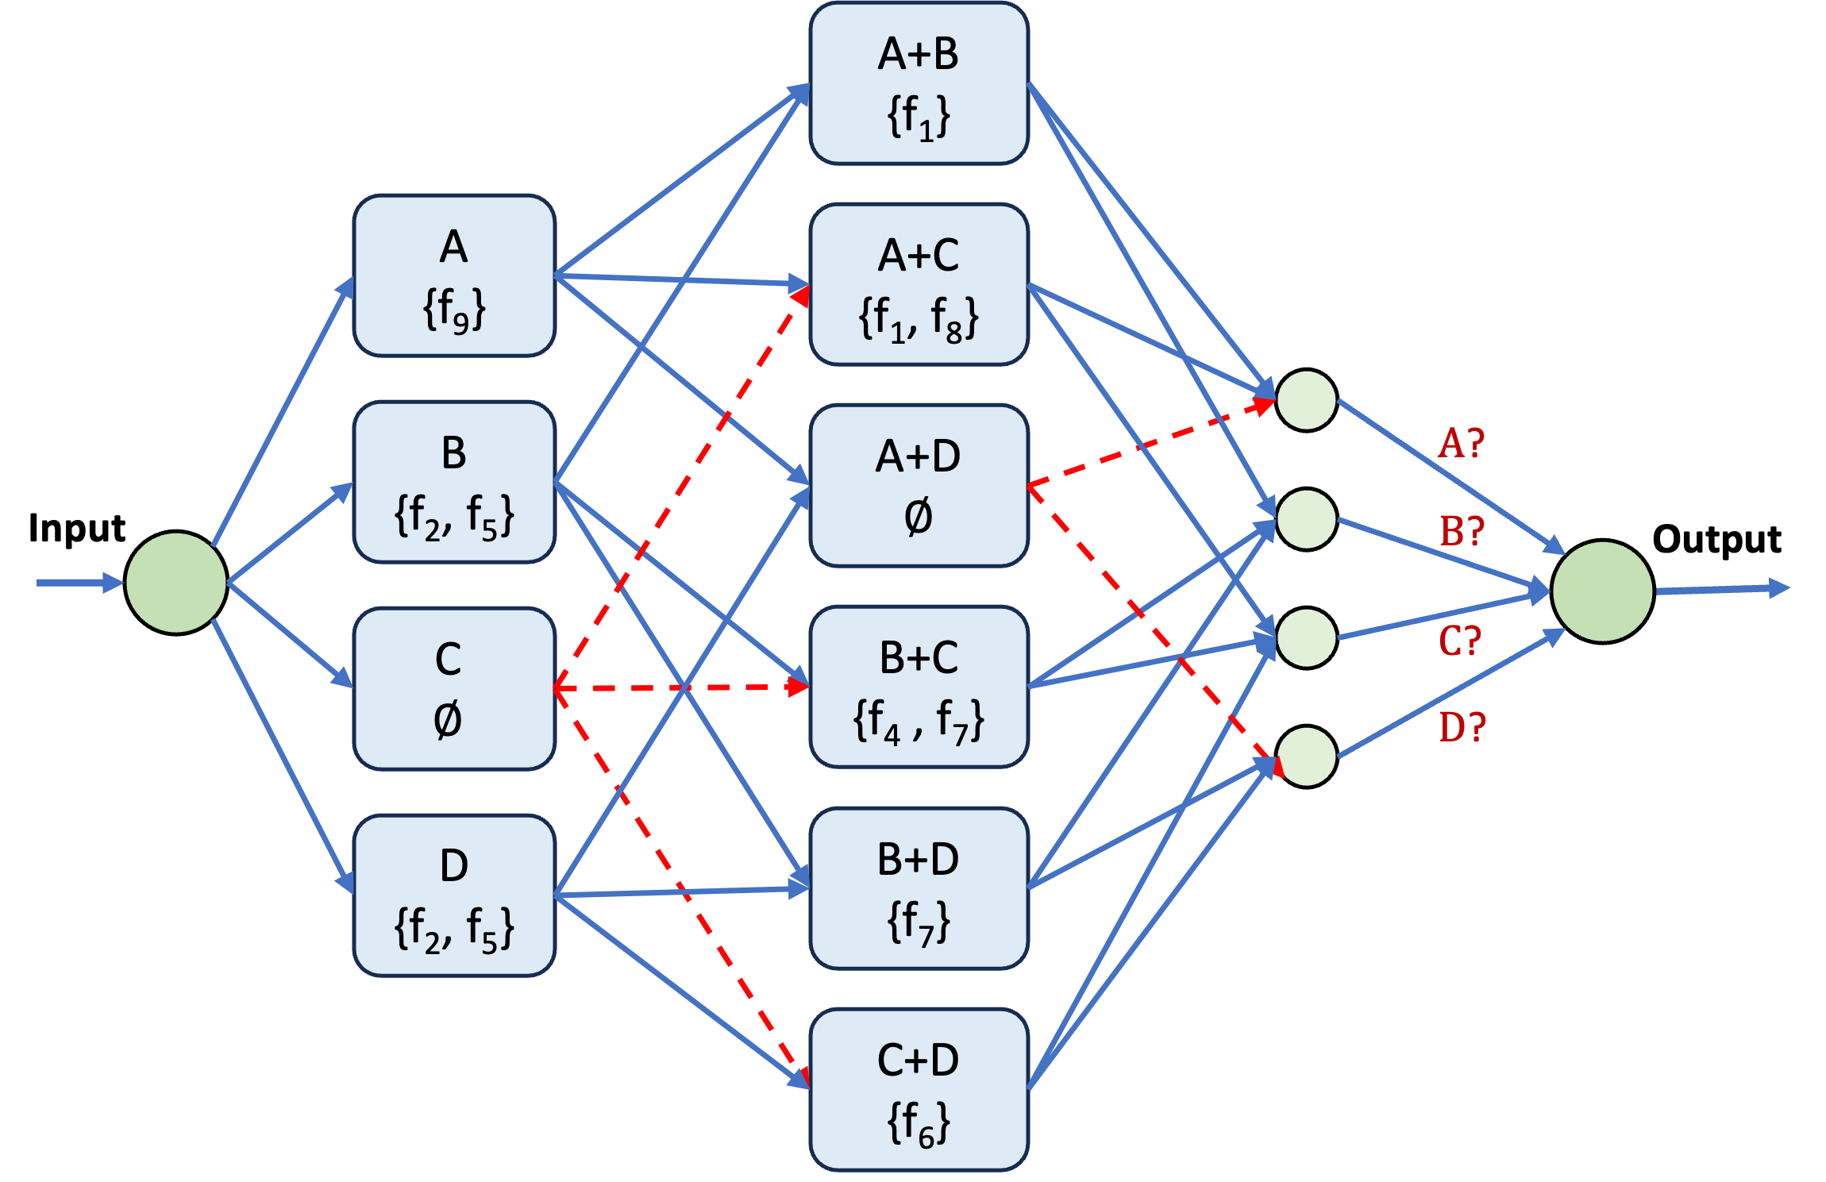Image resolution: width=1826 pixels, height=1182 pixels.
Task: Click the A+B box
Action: point(919,84)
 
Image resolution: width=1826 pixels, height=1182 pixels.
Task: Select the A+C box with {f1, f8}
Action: point(919,285)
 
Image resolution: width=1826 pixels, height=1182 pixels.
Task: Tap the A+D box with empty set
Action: point(919,486)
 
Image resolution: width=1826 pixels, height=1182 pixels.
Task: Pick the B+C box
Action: point(919,687)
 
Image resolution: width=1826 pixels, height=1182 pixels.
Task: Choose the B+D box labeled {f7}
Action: point(919,888)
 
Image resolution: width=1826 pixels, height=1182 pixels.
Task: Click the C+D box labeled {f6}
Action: point(919,1089)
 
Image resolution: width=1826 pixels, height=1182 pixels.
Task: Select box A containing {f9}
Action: point(454,275)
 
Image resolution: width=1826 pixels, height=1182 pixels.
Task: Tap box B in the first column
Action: point(454,482)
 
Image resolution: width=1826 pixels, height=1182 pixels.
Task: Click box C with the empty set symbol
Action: point(454,688)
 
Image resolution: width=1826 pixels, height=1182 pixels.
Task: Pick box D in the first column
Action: point(454,895)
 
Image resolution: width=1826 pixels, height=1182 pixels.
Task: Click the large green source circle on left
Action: point(176,583)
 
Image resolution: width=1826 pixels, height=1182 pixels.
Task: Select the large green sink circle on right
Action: point(1602,591)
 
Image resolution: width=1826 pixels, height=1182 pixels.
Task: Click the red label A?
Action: point(1461,443)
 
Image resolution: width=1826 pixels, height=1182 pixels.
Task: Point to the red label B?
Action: point(1462,531)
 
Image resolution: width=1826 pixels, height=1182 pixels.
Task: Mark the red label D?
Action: point(1462,727)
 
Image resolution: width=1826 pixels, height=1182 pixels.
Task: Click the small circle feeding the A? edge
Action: point(1306,400)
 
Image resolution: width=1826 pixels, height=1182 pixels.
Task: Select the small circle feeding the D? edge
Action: point(1306,757)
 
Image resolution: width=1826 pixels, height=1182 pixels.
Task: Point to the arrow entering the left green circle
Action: point(79,583)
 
